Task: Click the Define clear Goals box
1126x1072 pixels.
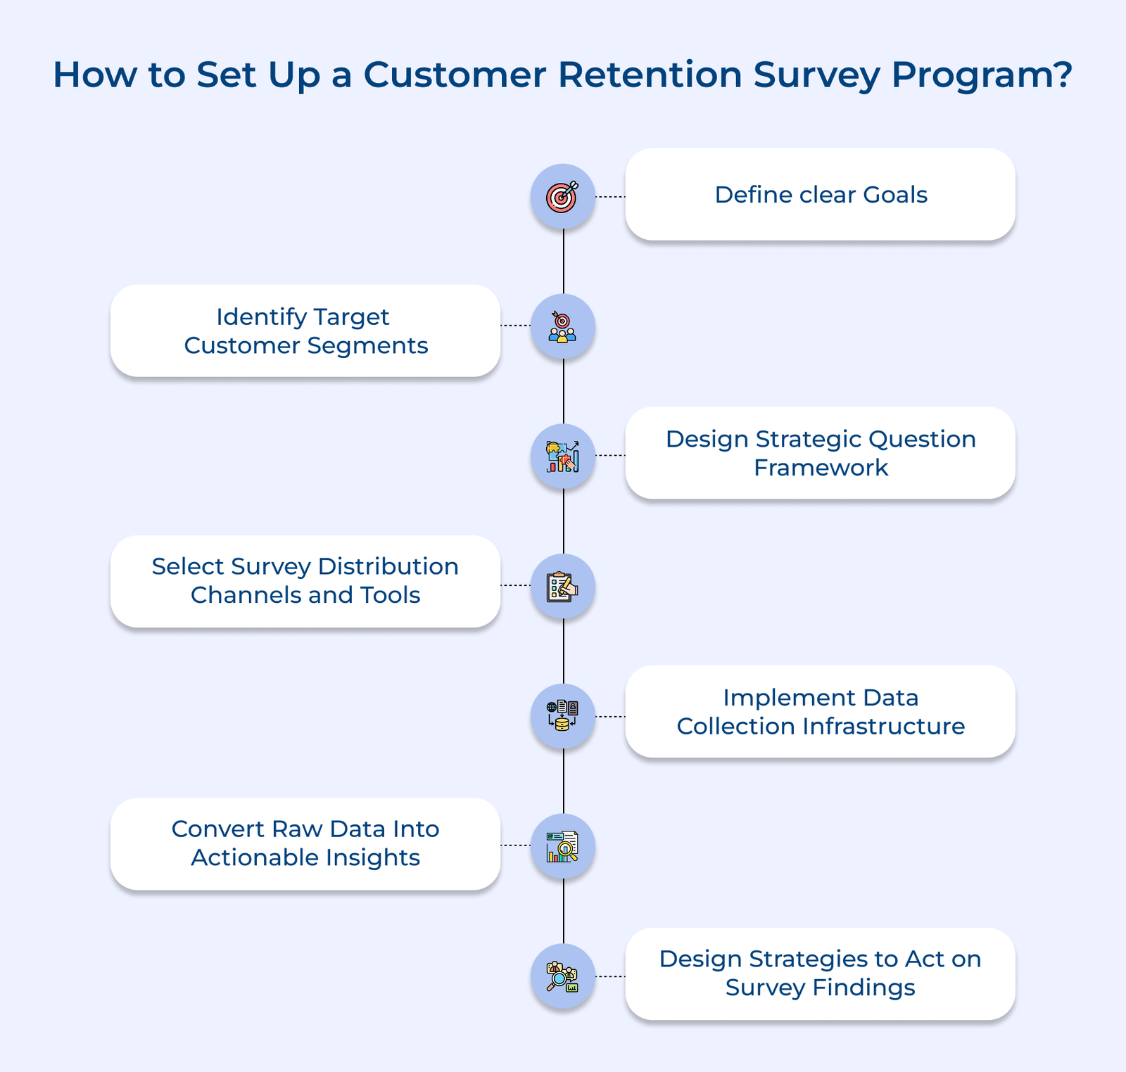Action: pos(820,195)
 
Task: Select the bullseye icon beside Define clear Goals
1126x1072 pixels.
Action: pos(562,196)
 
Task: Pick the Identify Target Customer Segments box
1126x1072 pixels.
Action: pos(305,331)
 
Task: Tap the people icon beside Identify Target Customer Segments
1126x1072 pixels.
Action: pos(562,327)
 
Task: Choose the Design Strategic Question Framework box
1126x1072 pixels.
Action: pos(820,453)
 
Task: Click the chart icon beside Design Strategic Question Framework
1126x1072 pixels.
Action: pos(562,457)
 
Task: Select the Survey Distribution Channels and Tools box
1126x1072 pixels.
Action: pos(305,581)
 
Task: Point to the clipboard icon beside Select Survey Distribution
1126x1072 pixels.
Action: pos(562,586)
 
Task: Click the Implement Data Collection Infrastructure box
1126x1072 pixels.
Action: pos(820,712)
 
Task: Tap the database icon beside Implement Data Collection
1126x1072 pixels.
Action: pos(562,716)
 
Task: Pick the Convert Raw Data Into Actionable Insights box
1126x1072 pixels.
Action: pos(305,843)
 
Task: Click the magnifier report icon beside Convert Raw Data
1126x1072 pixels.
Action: pos(562,846)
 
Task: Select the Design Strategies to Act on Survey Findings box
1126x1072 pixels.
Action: pos(820,974)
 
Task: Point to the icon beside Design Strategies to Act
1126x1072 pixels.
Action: pos(562,976)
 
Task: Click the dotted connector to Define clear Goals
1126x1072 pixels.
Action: pos(610,197)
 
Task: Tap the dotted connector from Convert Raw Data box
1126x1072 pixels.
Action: pos(515,845)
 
